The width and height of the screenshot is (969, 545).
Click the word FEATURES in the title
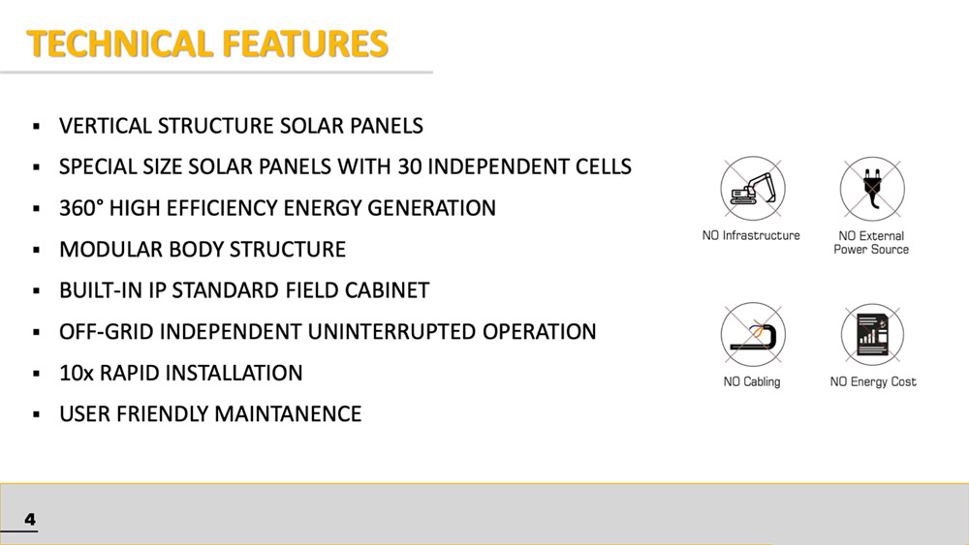click(304, 44)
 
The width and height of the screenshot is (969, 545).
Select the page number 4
click(30, 519)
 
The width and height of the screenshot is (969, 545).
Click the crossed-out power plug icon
click(872, 189)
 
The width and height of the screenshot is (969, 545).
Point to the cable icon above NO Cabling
click(753, 335)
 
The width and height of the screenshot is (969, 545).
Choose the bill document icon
click(872, 335)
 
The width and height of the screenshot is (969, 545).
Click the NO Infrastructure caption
click(751, 235)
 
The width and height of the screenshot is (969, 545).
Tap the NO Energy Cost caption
click(873, 382)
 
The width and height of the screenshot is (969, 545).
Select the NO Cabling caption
click(752, 382)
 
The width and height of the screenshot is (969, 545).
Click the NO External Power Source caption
click(871, 243)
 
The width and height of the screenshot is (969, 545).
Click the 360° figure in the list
click(81, 208)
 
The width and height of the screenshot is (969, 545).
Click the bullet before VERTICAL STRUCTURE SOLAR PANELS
click(37, 127)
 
